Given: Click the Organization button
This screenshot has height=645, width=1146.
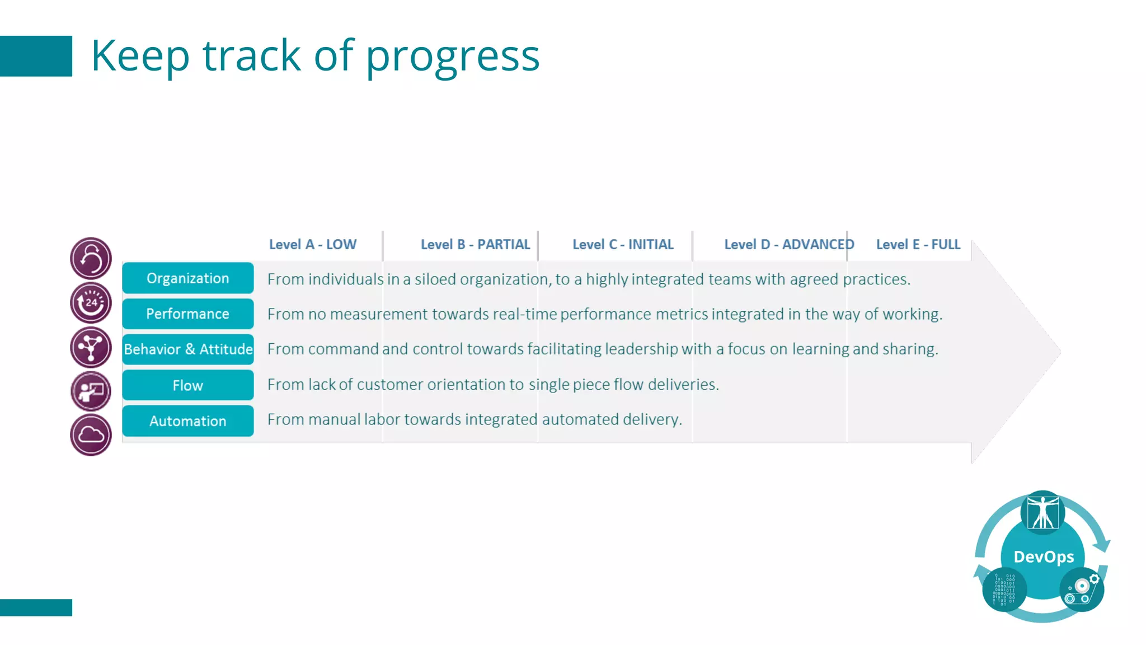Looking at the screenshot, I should point(187,278).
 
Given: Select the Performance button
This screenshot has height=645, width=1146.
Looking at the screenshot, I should point(187,314).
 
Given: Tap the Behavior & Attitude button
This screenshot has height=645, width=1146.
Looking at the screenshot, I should point(187,349).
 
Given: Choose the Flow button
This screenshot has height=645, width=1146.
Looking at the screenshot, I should point(187,385).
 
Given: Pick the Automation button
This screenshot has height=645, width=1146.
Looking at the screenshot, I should point(187,421).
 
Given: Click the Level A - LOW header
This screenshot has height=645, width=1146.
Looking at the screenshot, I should point(312,245).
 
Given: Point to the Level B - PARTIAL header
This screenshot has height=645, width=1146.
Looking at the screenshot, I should point(475,245).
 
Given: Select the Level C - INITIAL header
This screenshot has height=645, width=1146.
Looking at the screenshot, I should point(623,245).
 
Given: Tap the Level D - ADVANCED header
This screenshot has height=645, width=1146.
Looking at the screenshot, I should point(789,245).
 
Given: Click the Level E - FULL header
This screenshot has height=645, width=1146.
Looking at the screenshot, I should point(918,245).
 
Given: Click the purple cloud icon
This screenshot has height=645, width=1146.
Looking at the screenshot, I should point(91,435).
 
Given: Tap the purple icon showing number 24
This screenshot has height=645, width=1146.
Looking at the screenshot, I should point(91,303).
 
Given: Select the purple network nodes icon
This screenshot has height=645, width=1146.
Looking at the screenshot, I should point(91,347).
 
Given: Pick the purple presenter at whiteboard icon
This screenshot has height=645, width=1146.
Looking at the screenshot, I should point(91,391).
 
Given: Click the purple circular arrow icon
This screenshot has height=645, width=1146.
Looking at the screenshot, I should point(91,259).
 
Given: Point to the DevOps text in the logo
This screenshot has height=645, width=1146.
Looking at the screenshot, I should point(1044,557).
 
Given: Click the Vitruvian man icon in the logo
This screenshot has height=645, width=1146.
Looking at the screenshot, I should point(1042,512).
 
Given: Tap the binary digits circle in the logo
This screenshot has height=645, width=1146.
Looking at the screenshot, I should point(1004,590).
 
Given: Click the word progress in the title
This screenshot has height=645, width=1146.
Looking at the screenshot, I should point(452,57).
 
